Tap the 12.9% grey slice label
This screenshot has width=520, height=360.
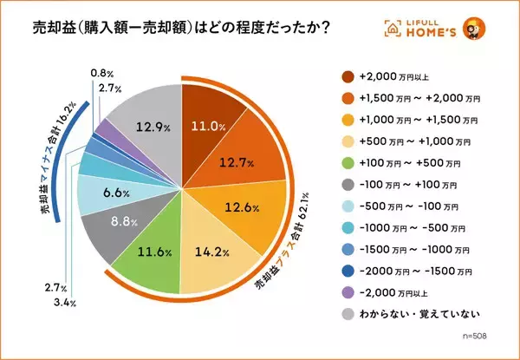click(152, 127)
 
